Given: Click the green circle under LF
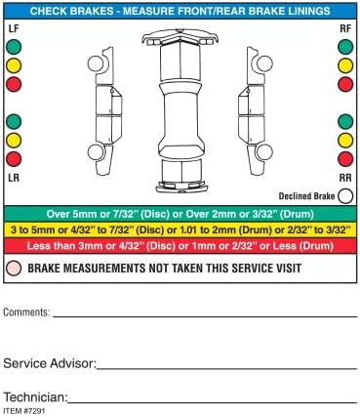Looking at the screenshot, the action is click(x=14, y=47).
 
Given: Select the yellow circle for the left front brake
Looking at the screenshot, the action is click(x=14, y=65).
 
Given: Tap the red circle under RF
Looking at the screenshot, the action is click(x=345, y=84).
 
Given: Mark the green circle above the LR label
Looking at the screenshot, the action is click(x=14, y=121).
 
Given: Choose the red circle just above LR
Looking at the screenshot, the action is click(x=14, y=159).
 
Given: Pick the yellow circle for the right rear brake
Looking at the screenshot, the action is click(x=345, y=141).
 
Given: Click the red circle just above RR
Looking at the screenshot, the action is click(x=345, y=159).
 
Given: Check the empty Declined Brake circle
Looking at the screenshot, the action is click(x=345, y=196).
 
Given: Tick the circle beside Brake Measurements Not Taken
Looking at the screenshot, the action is click(x=14, y=269).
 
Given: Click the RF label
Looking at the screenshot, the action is click(x=345, y=28).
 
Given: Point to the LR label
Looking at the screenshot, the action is click(x=14, y=178).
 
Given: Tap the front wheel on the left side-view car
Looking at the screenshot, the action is click(x=96, y=63).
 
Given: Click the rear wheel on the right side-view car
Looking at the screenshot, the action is click(x=264, y=152).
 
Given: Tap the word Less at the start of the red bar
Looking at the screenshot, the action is click(x=38, y=246).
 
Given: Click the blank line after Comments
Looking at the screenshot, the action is click(x=205, y=316).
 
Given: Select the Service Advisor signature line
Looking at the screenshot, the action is click(x=227, y=369).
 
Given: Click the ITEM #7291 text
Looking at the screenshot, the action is click(x=24, y=411).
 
